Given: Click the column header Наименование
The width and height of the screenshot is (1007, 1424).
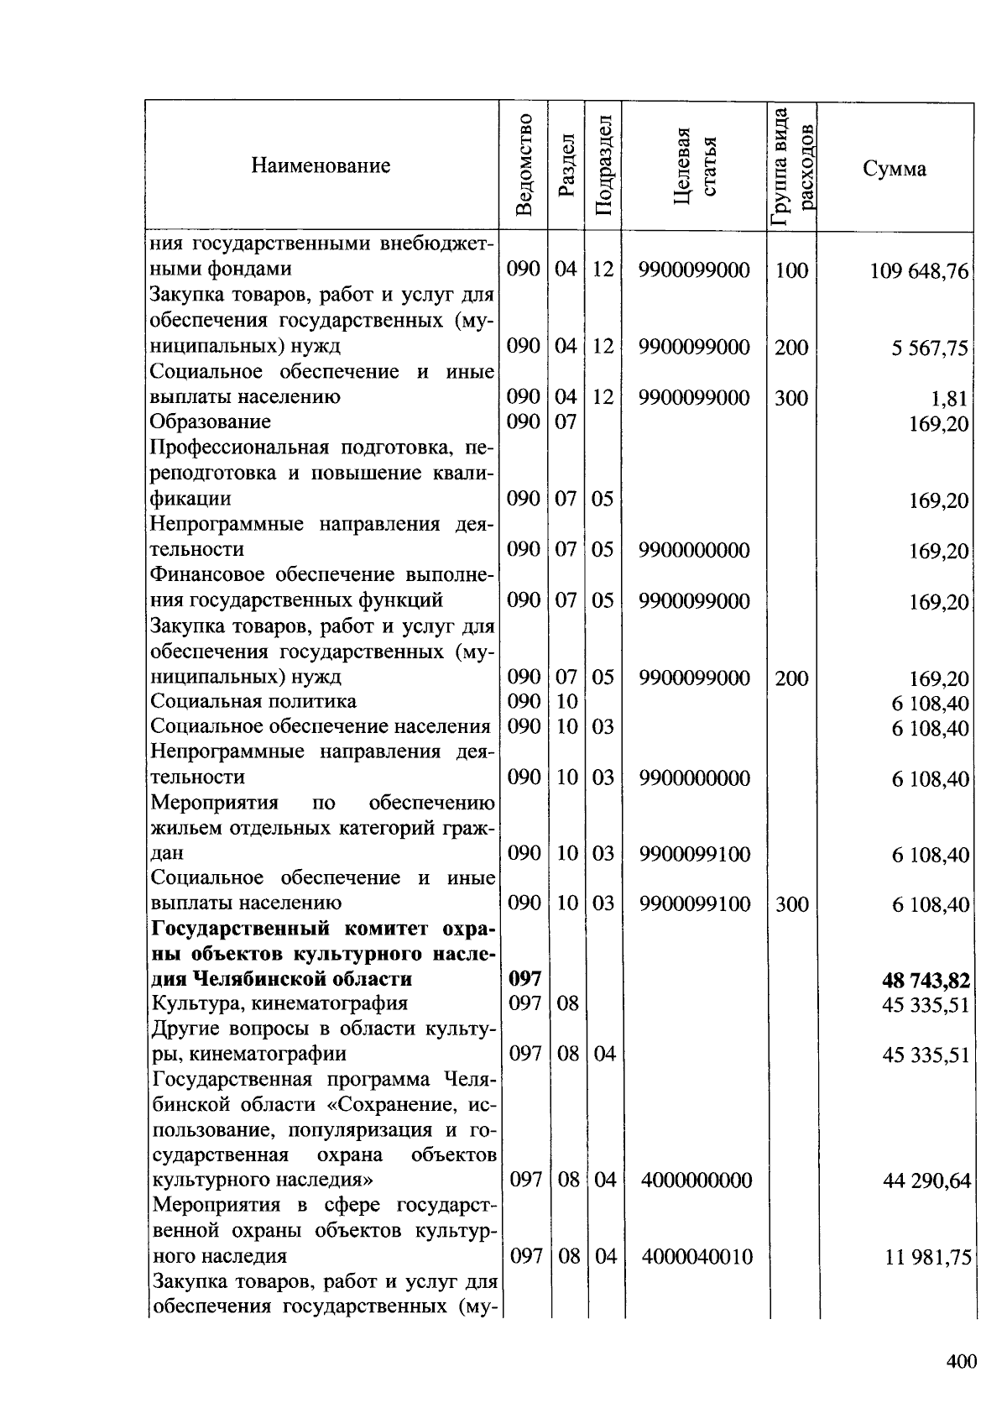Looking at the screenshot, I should click(321, 166).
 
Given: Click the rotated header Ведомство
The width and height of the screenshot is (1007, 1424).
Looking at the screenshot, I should click(524, 165).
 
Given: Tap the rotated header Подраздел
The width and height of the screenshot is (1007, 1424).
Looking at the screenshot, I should click(603, 165).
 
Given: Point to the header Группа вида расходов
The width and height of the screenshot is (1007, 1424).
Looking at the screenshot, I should click(792, 167).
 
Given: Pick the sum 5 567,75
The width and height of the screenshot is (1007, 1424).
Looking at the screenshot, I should click(930, 348).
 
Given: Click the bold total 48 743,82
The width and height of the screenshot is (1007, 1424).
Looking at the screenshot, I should click(926, 980).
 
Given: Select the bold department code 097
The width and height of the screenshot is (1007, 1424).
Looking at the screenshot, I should click(525, 979).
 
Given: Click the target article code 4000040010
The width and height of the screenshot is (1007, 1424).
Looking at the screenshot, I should click(697, 1257).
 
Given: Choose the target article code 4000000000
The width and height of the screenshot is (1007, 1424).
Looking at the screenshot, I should click(697, 1181).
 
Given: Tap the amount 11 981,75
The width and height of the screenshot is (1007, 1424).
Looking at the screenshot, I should click(926, 1258).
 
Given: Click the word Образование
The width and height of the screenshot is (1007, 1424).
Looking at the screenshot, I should click(211, 421).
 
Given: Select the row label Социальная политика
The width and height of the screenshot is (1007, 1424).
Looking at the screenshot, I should click(253, 701).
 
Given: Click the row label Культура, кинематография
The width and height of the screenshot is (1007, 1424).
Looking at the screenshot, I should click(279, 1003).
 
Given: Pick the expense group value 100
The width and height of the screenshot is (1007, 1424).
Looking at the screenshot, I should click(791, 270).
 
